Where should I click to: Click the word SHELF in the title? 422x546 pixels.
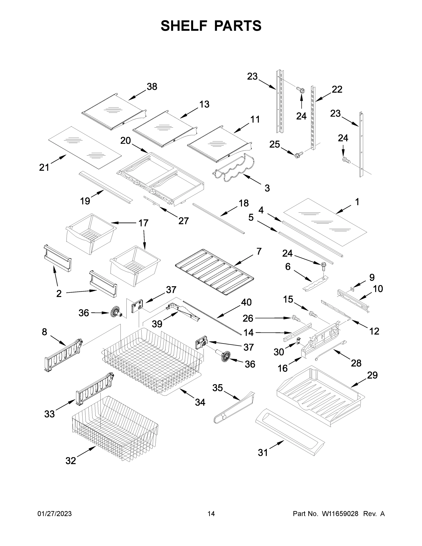point(184,26)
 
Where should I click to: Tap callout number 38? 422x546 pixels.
point(152,87)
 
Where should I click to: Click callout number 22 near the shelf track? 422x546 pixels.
point(337,89)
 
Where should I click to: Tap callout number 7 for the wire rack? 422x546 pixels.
point(259,251)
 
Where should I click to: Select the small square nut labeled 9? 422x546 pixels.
point(352,289)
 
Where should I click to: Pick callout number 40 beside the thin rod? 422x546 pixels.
point(246,302)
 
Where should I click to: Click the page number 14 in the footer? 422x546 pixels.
point(211,513)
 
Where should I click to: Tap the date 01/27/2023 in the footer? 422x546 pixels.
point(55,513)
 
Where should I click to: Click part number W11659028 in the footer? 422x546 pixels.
point(340,513)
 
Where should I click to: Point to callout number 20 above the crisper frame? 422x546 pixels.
point(125,141)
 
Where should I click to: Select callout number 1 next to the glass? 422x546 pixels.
point(357,202)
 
